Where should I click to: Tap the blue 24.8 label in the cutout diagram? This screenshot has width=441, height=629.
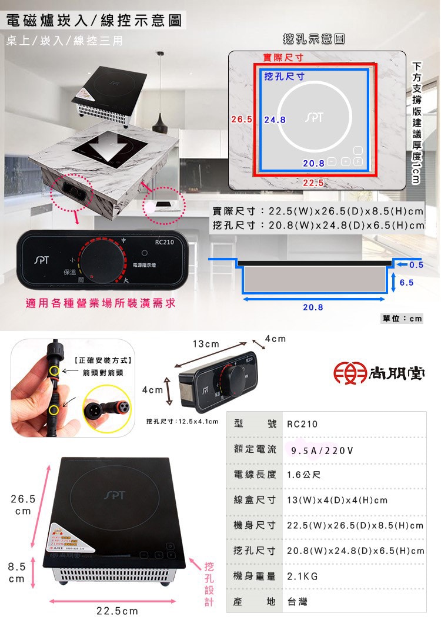[x=275, y=120]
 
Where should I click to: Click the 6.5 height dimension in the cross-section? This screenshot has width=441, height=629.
[x=407, y=283]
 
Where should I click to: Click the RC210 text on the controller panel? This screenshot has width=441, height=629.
[x=165, y=241]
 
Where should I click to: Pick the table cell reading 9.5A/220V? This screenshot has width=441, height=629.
[x=322, y=451]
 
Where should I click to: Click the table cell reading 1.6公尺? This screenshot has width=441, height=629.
[x=303, y=475]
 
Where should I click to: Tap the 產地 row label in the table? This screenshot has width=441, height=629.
[x=254, y=602]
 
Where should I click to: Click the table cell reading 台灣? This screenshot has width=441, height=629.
[x=297, y=602]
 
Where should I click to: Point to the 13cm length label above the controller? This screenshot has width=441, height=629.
[x=205, y=344]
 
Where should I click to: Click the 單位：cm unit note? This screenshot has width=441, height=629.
[x=402, y=319]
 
